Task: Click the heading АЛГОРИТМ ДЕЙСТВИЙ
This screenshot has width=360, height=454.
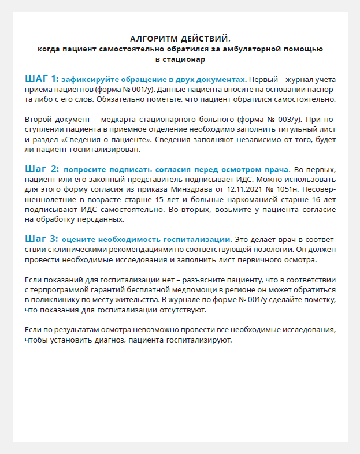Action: tap(180, 39)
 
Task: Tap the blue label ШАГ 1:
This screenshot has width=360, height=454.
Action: tap(42, 78)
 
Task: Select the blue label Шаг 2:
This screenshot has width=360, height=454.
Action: tap(42, 169)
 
